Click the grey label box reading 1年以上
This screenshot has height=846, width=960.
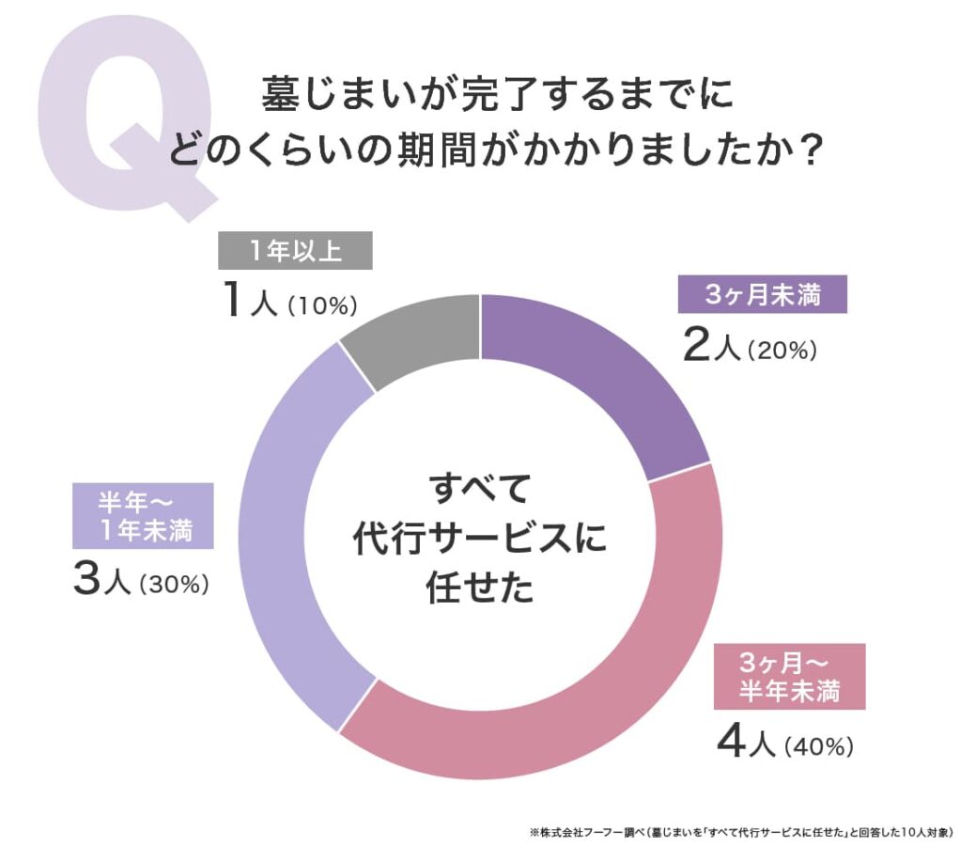[x=295, y=252]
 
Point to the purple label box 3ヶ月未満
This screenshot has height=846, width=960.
[x=763, y=295]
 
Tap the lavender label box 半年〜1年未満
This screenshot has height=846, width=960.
[x=143, y=516]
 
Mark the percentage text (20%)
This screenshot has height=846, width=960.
[x=784, y=351]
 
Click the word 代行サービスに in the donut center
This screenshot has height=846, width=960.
[x=480, y=539]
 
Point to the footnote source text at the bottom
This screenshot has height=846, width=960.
[x=742, y=833]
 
